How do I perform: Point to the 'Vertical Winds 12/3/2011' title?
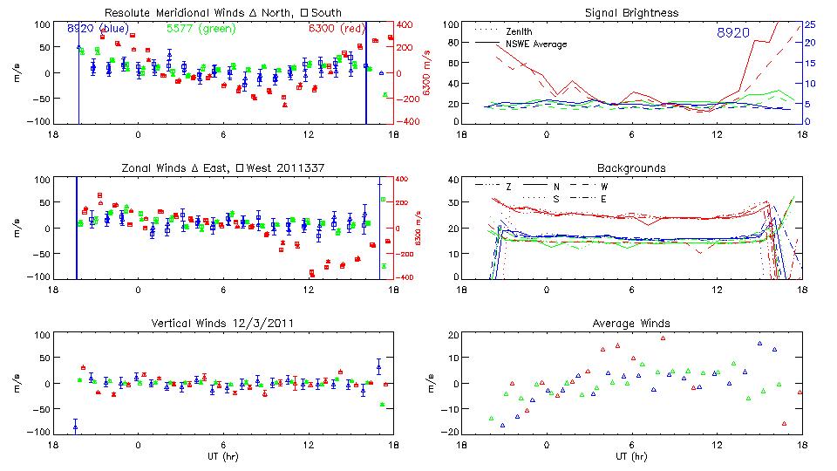(222, 324)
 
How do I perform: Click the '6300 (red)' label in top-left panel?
(338, 29)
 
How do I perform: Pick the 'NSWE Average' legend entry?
(536, 44)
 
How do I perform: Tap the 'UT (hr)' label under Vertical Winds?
(222, 456)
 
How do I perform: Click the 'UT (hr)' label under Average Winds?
(631, 456)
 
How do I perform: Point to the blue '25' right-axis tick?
(810, 24)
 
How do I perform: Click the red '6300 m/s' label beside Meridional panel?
(427, 73)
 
